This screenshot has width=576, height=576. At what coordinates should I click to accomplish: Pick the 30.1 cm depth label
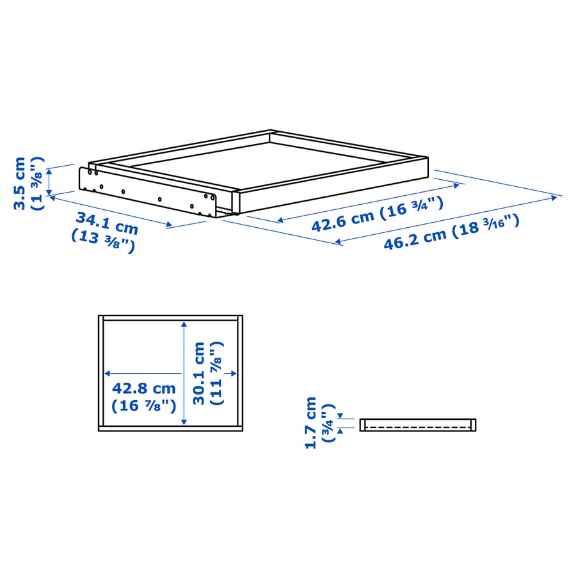[199, 373]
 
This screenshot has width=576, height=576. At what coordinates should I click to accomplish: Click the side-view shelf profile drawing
[417, 424]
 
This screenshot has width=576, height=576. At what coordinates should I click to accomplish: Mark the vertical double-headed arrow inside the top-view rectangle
[184, 373]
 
